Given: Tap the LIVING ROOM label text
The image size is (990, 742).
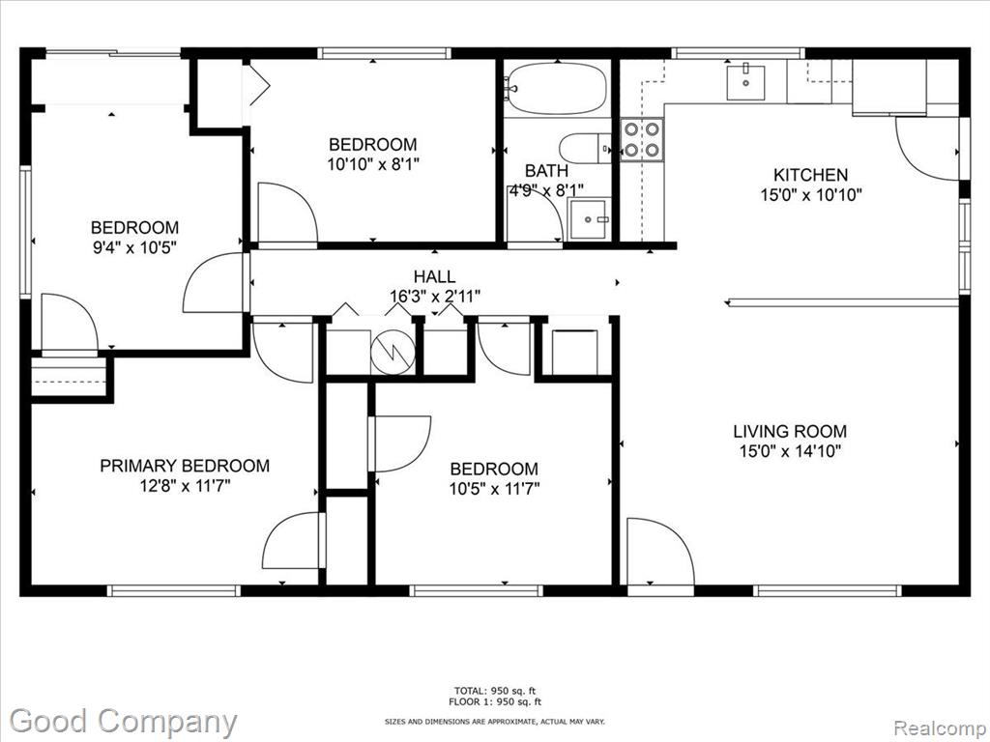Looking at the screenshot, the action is pos(790,432).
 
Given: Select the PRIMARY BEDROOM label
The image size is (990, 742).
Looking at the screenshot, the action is pos(185,466).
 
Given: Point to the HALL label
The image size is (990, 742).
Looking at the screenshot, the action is pos(434,276).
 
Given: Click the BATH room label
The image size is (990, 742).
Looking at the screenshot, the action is pos(546,170).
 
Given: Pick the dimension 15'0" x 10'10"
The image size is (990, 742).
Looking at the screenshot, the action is pos(811,194).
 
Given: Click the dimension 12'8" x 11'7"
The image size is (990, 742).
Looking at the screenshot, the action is pos(185,486).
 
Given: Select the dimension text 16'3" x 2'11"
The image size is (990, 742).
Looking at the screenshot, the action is pos(435,296).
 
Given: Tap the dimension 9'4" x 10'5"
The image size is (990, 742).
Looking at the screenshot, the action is pos(134,246).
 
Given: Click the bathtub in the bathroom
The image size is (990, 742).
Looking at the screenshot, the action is pos(557,88).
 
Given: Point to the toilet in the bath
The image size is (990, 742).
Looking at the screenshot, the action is pos(585,148).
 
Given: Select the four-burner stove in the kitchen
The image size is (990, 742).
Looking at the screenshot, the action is pos(642,139).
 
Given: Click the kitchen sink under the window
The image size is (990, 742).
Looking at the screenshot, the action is pos(745,83).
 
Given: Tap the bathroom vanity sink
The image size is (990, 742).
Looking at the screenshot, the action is pos(590,219).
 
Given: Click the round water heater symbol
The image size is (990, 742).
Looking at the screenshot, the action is pos(393,352).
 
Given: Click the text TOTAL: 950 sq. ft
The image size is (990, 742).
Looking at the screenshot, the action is pos(495,691).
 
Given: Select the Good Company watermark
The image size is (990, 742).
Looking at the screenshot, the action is pos(124,722).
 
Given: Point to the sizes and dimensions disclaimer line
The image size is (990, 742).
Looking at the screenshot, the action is pos(495,721).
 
